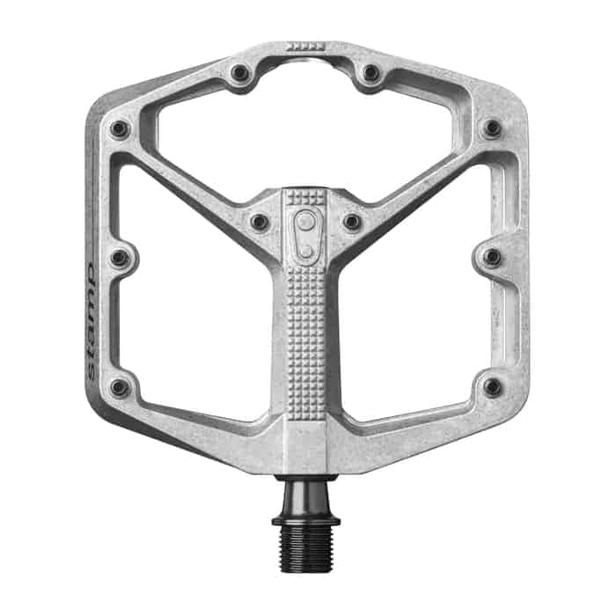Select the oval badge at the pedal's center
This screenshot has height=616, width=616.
pyautogui.click(x=305, y=235)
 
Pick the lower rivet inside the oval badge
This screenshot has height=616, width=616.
pyautogui.click(x=305, y=251)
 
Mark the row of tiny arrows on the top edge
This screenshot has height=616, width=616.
pyautogui.click(x=305, y=44)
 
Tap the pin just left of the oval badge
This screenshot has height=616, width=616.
pyautogui.click(x=260, y=222)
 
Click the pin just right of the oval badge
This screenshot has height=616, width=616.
pyautogui.click(x=352, y=222)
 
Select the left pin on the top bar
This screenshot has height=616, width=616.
pyautogui.click(x=239, y=73)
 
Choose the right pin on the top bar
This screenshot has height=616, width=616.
pyautogui.click(x=371, y=73)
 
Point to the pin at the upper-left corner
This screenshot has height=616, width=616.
pyautogui.click(x=120, y=130)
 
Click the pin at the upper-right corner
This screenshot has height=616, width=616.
pyautogui.click(x=492, y=128)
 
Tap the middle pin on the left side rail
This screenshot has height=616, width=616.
pyautogui.click(x=120, y=259)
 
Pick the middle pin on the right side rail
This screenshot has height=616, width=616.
pyautogui.click(x=492, y=257)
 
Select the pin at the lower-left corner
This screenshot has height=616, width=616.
pyautogui.click(x=120, y=387)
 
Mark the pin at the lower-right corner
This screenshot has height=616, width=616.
pyautogui.click(x=492, y=386)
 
